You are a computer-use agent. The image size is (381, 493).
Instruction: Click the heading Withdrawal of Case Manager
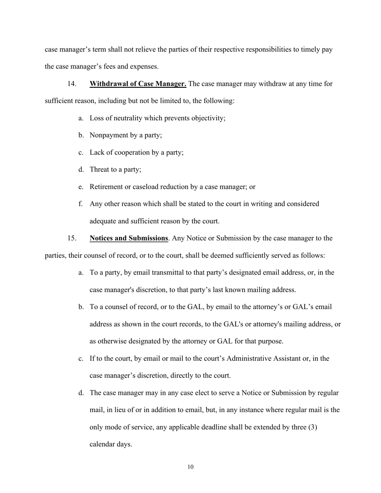[138, 84]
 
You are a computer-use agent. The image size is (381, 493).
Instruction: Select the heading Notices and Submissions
[129, 238]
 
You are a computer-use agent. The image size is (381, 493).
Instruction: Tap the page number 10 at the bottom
[190, 467]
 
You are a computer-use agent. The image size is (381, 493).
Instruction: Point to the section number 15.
[72, 238]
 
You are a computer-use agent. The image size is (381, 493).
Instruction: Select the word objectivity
[208, 118]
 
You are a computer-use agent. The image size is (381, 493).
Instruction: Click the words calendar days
[111, 444]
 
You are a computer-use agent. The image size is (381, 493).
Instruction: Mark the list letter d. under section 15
[81, 393]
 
